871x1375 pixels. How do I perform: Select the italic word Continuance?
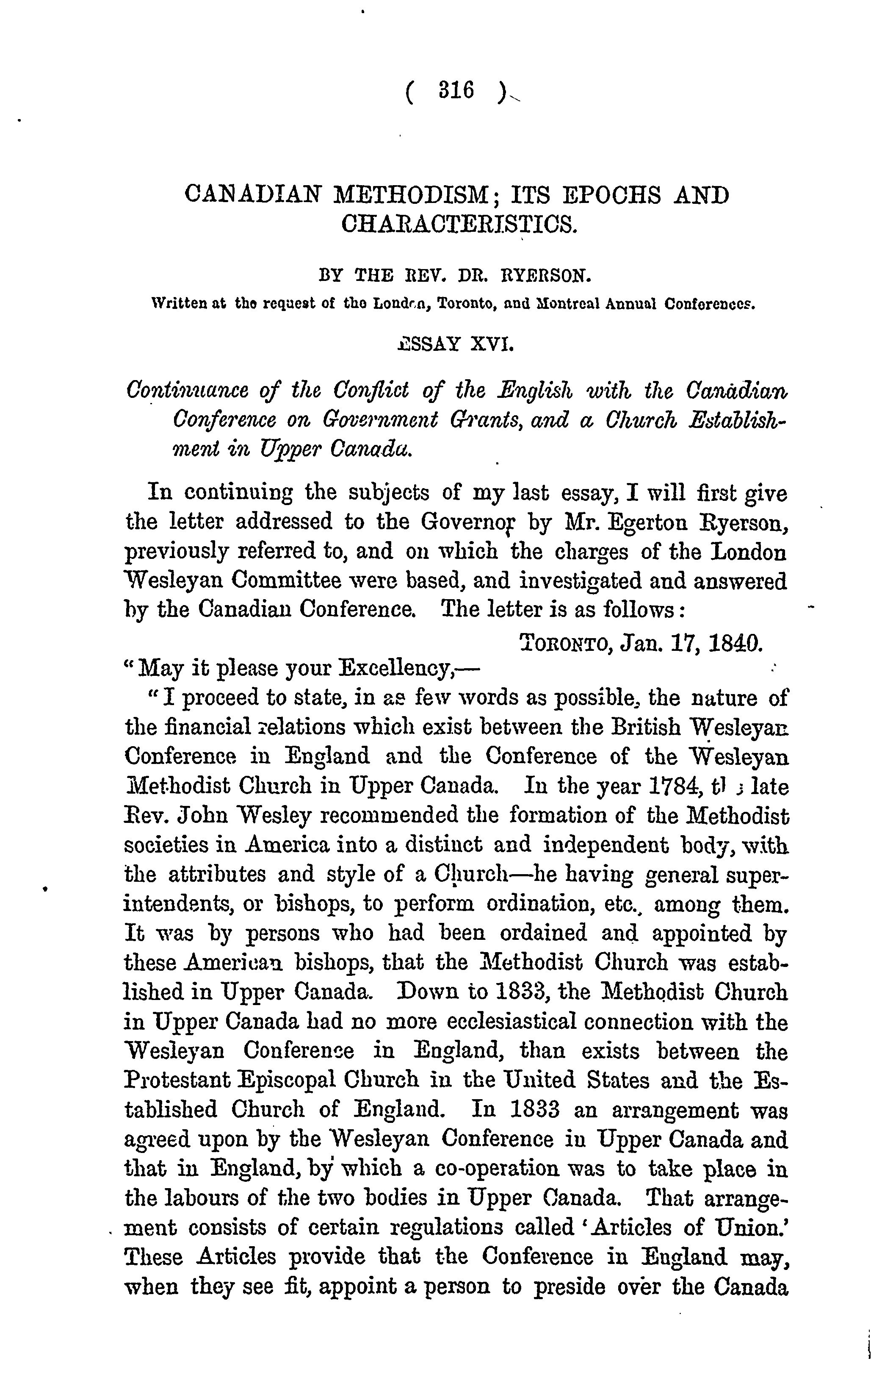click(187, 391)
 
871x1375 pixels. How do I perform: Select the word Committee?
click(284, 581)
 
